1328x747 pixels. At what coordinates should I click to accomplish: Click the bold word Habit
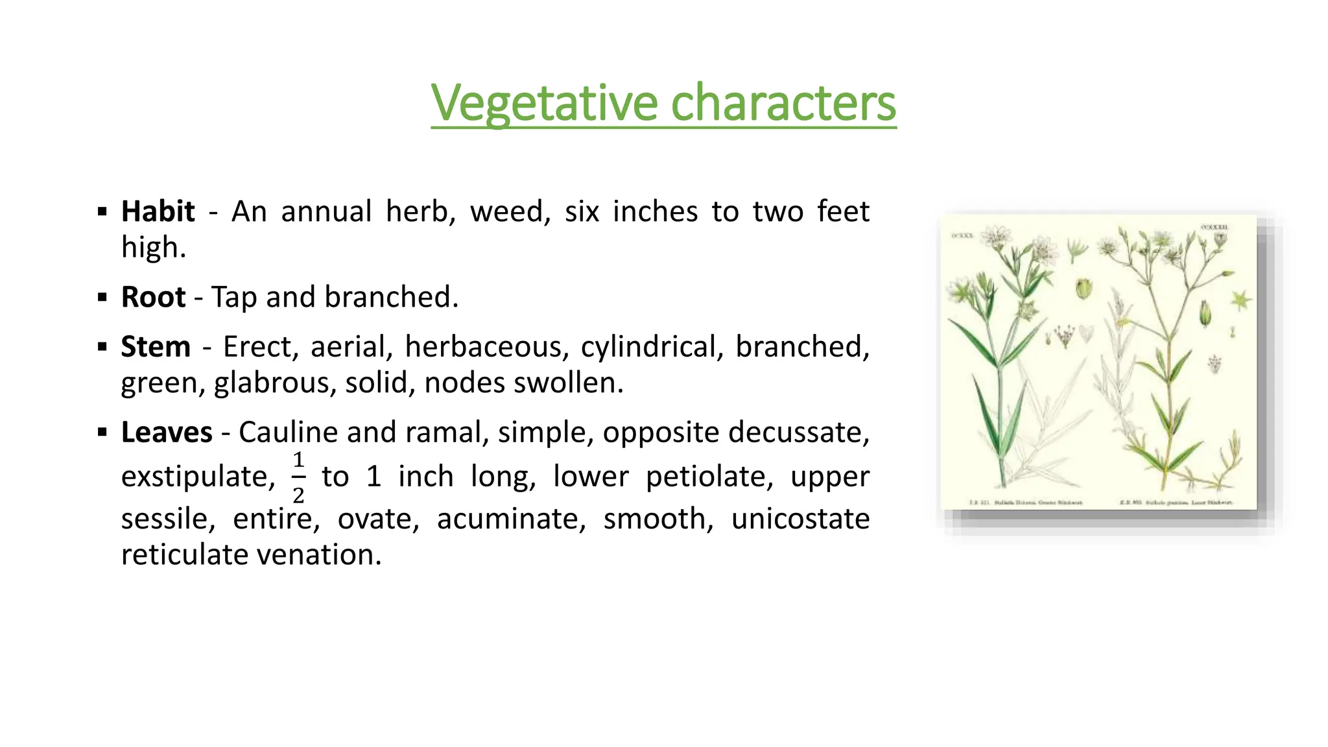tap(158, 211)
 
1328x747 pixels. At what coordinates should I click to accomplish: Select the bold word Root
tap(153, 297)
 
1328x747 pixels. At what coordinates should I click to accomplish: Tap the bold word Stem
tap(156, 347)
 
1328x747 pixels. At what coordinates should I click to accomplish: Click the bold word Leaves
tap(167, 433)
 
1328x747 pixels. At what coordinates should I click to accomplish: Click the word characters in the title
tap(783, 103)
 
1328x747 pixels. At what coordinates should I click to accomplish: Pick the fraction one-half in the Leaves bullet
tap(298, 478)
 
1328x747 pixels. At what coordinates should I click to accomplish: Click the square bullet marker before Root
tap(102, 298)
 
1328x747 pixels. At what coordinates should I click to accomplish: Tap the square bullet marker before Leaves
tap(102, 433)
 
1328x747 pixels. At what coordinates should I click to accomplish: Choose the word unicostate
tap(800, 519)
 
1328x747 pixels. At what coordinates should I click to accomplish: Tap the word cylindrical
tap(651, 347)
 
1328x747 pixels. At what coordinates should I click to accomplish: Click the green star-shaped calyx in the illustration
tap(1240, 300)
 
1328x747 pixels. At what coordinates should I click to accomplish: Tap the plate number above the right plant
tap(1214, 228)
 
